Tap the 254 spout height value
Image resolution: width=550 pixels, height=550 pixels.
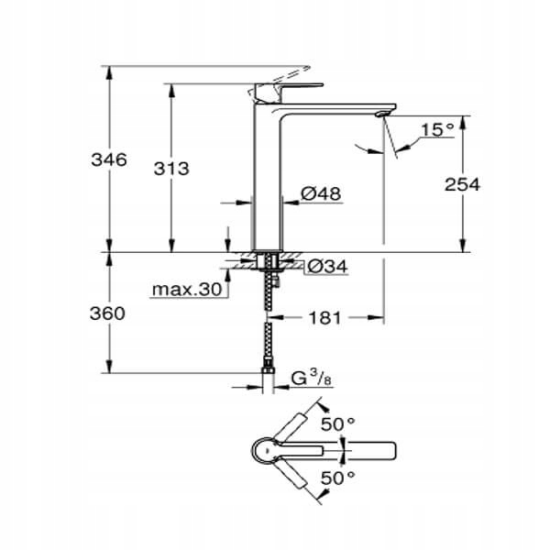point(462,184)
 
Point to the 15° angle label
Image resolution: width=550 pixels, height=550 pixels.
point(438,130)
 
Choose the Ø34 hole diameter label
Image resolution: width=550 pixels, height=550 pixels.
point(325,267)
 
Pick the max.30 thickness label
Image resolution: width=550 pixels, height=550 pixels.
point(187,291)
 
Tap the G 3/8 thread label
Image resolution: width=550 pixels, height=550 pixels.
point(308,376)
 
